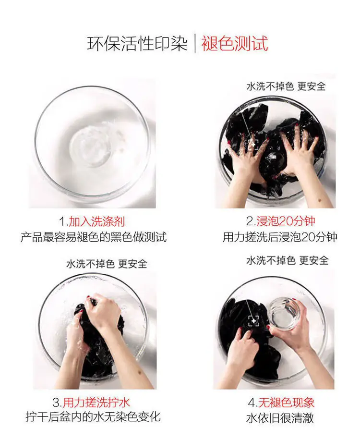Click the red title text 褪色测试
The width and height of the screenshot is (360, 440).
click(235, 44)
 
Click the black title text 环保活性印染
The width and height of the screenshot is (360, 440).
click(137, 44)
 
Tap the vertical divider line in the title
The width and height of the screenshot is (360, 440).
click(194, 44)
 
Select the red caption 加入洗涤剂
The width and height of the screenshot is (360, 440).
click(97, 222)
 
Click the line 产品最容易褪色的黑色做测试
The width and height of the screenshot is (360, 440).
click(94, 237)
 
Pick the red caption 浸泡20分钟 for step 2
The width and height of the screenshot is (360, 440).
click(286, 221)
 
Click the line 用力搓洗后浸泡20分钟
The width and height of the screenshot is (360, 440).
click(280, 237)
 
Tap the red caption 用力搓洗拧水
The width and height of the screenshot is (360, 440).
click(96, 403)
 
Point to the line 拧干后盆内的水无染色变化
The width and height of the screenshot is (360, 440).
click(93, 416)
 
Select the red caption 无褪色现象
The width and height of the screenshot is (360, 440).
click(286, 403)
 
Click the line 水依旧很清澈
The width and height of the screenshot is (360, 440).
click(280, 418)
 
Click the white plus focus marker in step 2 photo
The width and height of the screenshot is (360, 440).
click(253, 145)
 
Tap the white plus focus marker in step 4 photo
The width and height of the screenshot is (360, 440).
click(254, 321)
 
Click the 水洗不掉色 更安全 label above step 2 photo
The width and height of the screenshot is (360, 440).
click(286, 86)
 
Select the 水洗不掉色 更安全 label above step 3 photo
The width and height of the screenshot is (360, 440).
click(107, 264)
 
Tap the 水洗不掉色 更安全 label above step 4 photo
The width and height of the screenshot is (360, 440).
click(288, 260)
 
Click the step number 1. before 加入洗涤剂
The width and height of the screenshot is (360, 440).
click(64, 222)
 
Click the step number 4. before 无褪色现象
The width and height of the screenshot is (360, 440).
click(253, 403)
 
